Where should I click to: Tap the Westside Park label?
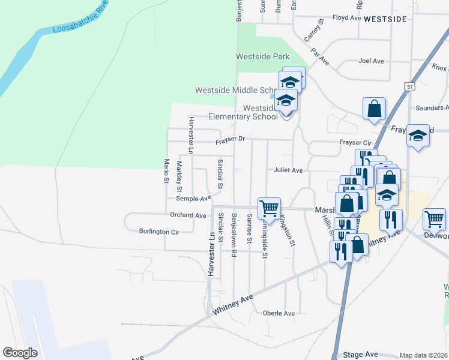pos(262,57)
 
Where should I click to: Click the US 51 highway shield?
pos(409,87)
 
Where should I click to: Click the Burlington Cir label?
pos(159,232)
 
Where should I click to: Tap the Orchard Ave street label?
pos(188,215)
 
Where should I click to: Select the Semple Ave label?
pos(193,198)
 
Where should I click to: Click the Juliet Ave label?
pos(288,170)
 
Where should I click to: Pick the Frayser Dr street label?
pos(231,140)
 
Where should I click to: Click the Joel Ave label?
pos(370,61)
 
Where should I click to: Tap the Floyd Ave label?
pos(346,18)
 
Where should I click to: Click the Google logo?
pos(20,353)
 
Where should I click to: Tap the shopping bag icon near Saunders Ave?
pos(374,109)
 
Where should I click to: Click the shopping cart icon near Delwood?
pos(434,219)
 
